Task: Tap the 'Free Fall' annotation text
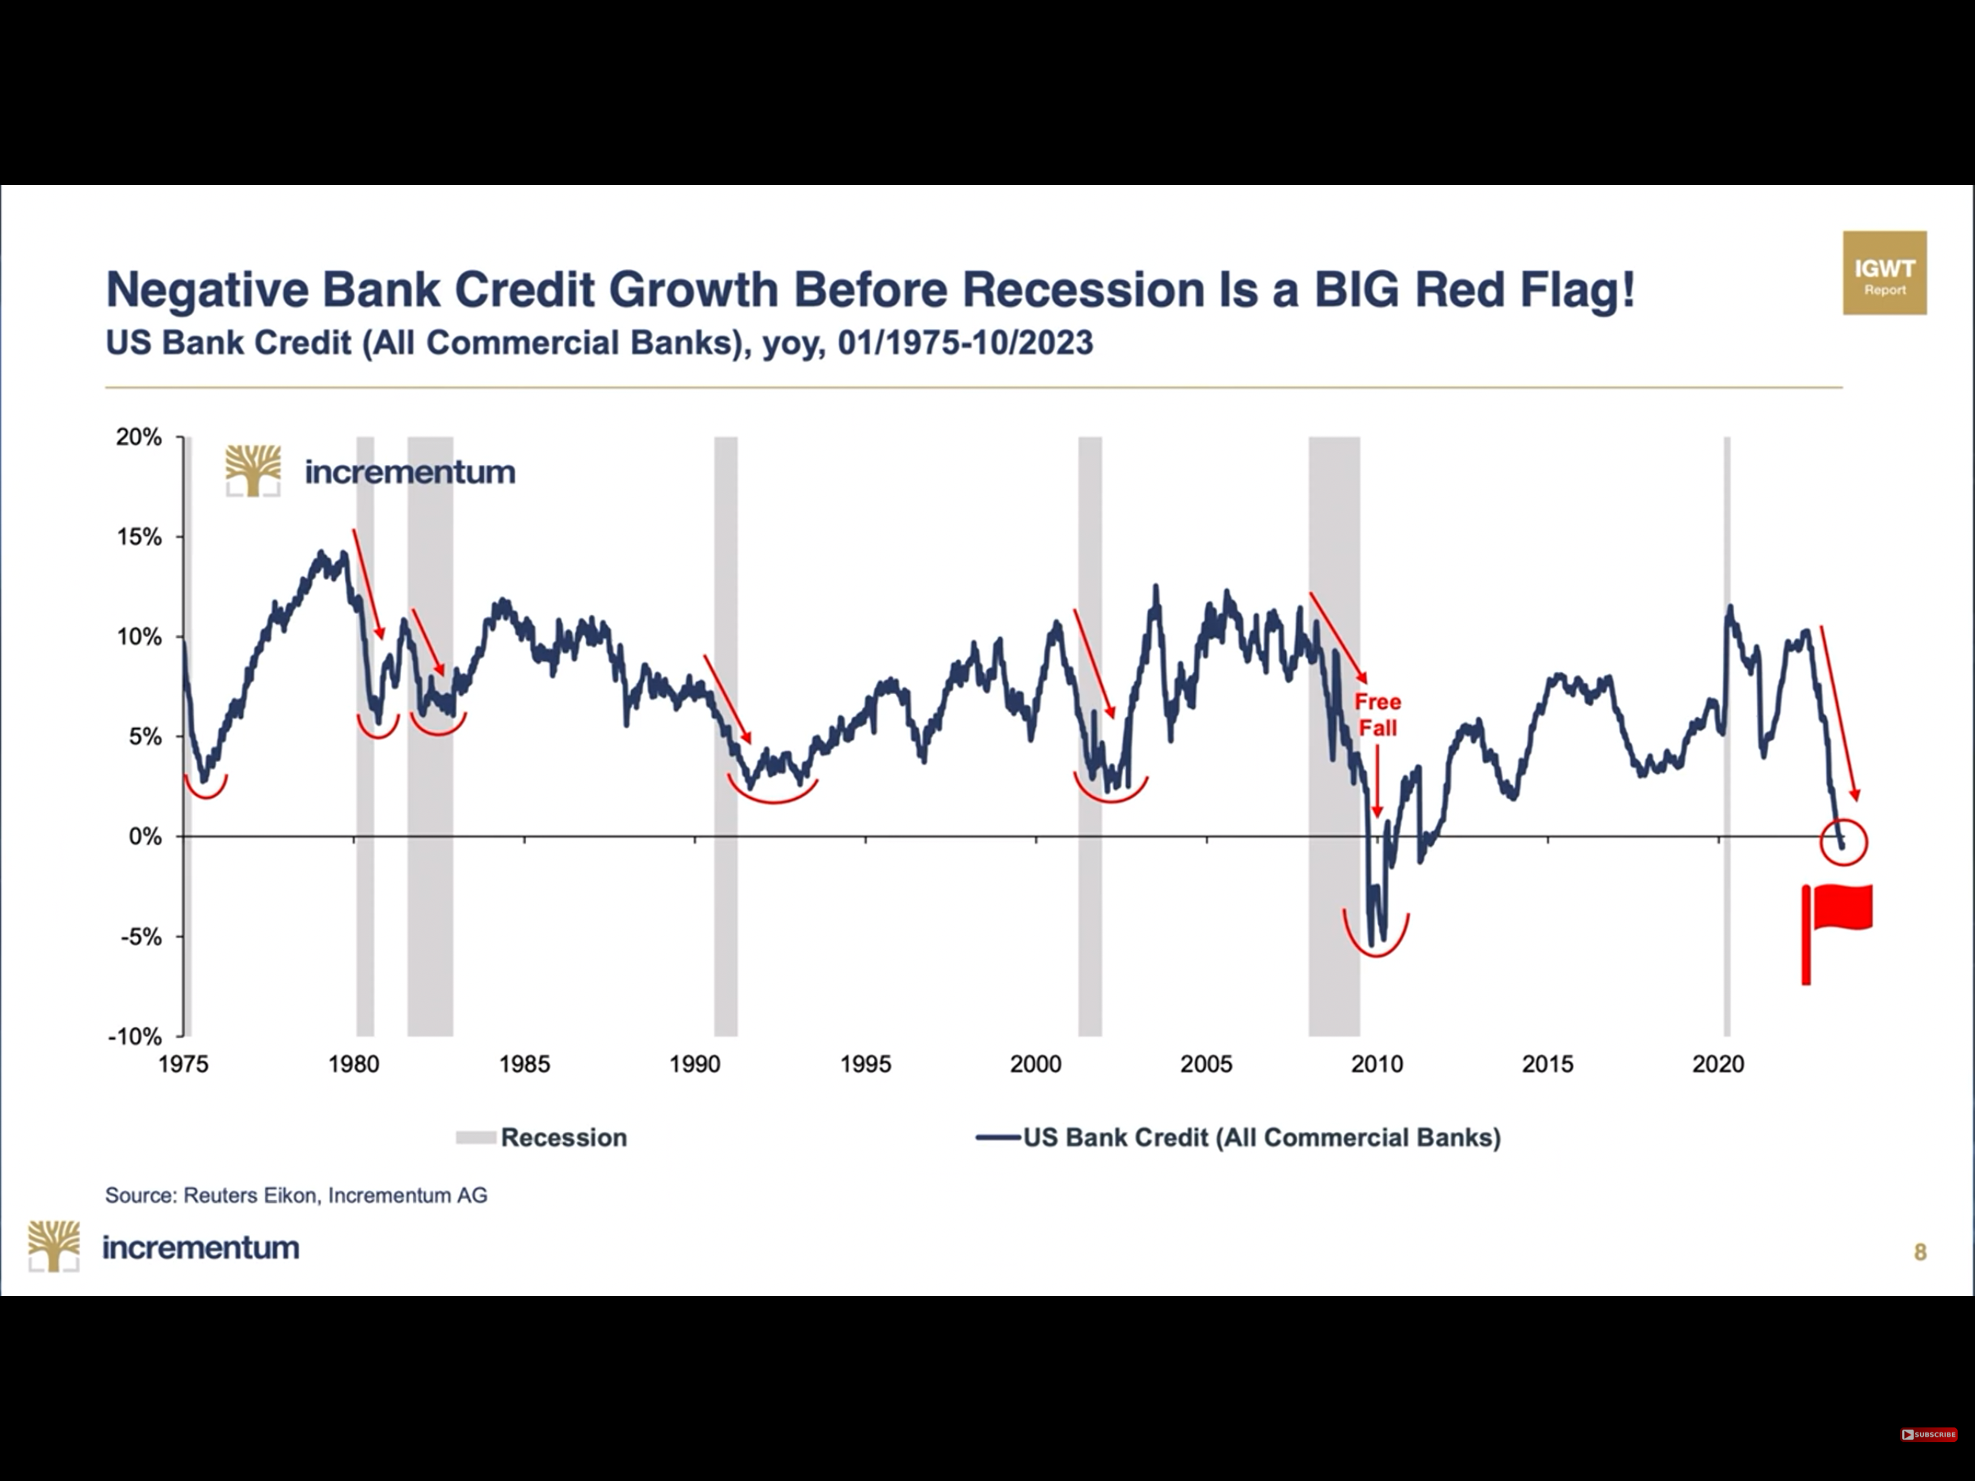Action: pos(1378,714)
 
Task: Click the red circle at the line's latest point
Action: pos(1843,842)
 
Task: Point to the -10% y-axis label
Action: pos(134,1036)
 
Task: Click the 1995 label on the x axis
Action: pos(865,1064)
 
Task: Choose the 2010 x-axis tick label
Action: pos(1376,1064)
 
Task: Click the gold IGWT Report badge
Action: pos(1885,273)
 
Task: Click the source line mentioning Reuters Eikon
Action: pos(296,1195)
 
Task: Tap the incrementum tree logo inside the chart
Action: pos(253,471)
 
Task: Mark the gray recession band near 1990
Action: pos(726,736)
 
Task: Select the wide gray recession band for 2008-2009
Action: pos(1334,736)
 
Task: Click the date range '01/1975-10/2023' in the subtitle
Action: pos(965,343)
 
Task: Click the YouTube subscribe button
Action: pos(1929,1435)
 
